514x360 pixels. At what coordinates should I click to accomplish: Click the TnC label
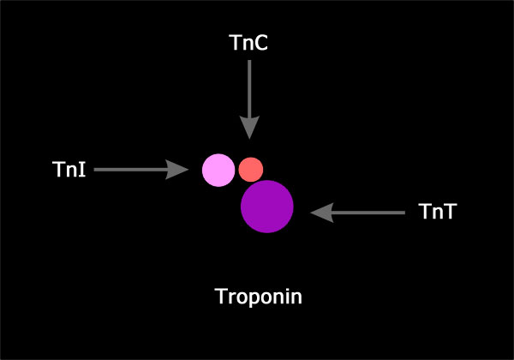pyautogui.click(x=248, y=43)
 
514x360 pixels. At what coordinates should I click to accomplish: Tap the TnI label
pyautogui.click(x=69, y=169)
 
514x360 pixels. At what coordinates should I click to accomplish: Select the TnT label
pyautogui.click(x=437, y=211)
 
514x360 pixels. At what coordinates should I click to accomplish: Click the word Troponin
pyautogui.click(x=259, y=297)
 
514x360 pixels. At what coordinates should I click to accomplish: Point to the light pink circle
pyautogui.click(x=218, y=171)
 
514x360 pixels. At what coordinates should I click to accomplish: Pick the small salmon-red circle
pyautogui.click(x=251, y=170)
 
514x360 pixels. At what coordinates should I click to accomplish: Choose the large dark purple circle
pyautogui.click(x=266, y=207)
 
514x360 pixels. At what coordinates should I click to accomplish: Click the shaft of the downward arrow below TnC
pyautogui.click(x=249, y=88)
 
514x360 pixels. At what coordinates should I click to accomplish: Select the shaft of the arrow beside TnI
pyautogui.click(x=130, y=170)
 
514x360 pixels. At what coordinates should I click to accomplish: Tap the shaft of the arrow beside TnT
pyautogui.click(x=368, y=213)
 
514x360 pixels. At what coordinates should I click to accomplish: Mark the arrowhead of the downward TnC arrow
pyautogui.click(x=249, y=127)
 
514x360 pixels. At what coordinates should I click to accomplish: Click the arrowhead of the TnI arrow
pyautogui.click(x=177, y=170)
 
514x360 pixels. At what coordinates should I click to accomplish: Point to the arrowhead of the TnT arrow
pyautogui.click(x=322, y=213)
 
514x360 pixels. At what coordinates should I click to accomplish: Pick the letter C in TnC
pyautogui.click(x=261, y=43)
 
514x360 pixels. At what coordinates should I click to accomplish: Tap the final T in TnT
pyautogui.click(x=449, y=211)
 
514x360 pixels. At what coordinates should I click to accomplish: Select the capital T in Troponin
pyautogui.click(x=222, y=296)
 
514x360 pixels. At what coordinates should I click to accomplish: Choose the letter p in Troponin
pyautogui.click(x=253, y=299)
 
